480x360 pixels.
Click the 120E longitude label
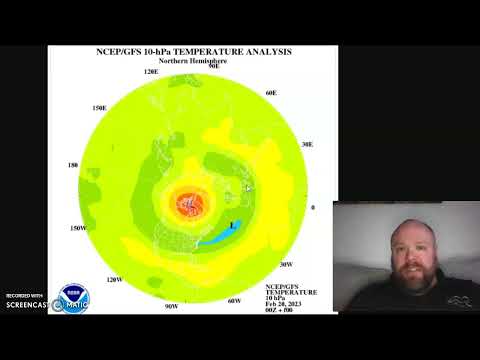click(152, 72)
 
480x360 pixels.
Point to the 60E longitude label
click(270, 92)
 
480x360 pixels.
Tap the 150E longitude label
click(100, 107)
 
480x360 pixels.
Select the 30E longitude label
click(307, 144)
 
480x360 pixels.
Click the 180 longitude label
click(72, 165)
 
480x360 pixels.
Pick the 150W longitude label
click(78, 228)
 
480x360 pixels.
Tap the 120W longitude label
click(114, 279)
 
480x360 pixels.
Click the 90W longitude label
click(171, 306)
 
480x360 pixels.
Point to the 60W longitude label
click(234, 300)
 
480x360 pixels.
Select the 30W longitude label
click(286, 265)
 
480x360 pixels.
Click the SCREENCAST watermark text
click(26, 305)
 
